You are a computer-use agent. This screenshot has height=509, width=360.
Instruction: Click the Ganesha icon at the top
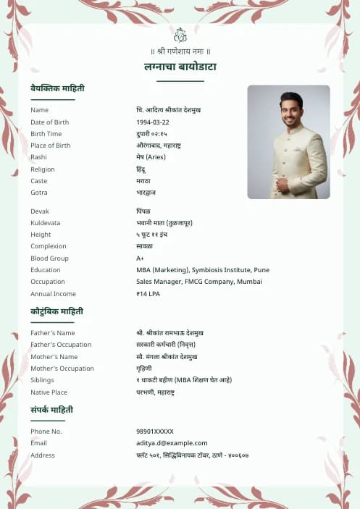(180, 35)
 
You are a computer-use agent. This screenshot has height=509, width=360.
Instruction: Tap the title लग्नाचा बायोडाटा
(180, 67)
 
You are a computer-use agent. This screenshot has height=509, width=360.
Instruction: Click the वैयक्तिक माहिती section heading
(57, 88)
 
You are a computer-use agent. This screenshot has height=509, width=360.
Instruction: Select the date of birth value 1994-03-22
(153, 122)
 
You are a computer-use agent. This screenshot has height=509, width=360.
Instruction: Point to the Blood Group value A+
(140, 258)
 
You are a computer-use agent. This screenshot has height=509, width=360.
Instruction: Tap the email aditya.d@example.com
(172, 443)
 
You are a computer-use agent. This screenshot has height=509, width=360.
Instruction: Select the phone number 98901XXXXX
(155, 432)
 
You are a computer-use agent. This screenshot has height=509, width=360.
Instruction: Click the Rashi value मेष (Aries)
(151, 157)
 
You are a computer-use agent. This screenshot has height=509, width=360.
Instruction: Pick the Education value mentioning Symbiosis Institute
(202, 270)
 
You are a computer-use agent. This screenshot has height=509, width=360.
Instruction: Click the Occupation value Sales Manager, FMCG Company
(198, 282)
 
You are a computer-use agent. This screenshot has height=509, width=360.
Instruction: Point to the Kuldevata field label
(45, 223)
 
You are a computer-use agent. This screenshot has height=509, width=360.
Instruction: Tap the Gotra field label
(39, 193)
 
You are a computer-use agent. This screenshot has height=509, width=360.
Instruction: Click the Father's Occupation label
(61, 345)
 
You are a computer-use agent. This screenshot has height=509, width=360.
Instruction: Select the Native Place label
(49, 392)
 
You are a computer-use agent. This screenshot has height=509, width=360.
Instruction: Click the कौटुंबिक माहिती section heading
(56, 311)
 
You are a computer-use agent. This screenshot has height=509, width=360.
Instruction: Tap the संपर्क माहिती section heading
(51, 410)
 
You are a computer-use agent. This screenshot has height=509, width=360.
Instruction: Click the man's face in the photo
(291, 109)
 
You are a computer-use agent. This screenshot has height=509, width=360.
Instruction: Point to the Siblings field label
(43, 380)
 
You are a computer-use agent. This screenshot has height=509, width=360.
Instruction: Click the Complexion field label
(48, 247)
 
